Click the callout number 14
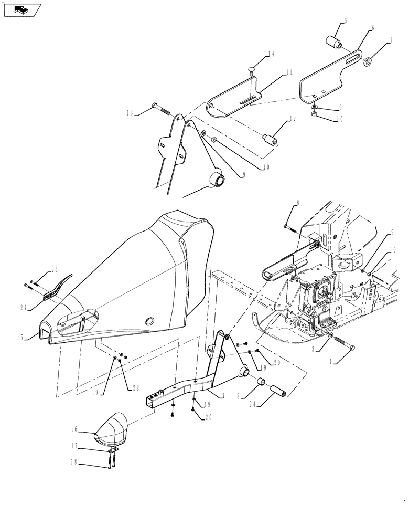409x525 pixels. tap(256, 54)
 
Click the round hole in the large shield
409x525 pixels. tap(148, 321)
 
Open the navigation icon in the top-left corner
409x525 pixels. tap(21, 9)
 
